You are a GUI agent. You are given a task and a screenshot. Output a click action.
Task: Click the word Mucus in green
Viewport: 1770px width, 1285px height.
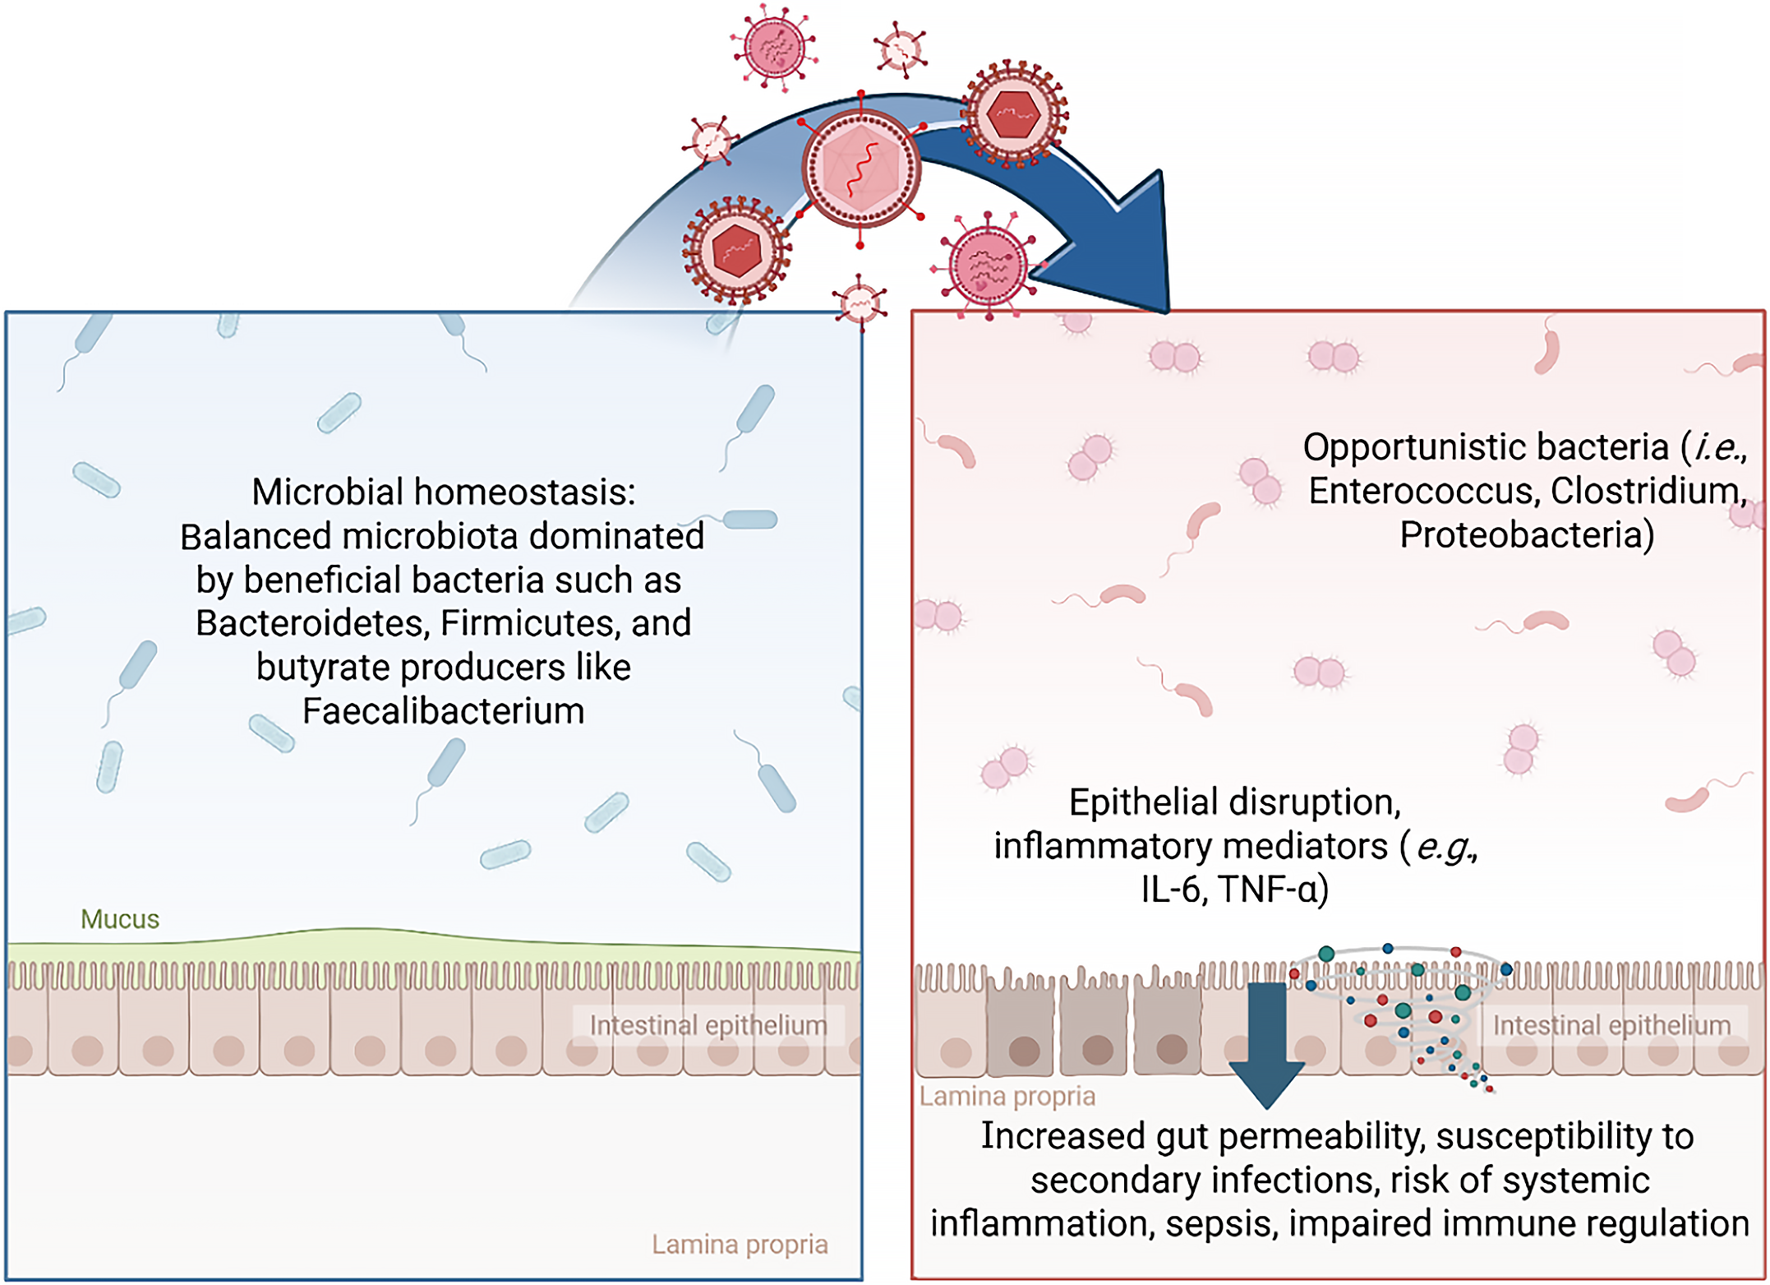coord(120,919)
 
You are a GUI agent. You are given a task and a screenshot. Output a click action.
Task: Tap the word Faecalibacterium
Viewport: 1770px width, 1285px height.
coord(443,711)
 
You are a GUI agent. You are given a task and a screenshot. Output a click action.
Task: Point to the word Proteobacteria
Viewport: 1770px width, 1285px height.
coord(1526,535)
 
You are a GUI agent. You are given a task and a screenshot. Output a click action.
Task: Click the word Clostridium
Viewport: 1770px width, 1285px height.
coord(1648,491)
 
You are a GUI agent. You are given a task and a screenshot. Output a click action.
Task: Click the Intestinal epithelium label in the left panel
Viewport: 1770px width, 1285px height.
coord(708,1025)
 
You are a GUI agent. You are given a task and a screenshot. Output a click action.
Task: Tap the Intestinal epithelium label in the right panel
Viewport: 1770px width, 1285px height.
coord(1611,1025)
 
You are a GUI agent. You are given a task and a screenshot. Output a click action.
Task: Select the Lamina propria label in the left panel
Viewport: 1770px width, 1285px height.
coord(740,1245)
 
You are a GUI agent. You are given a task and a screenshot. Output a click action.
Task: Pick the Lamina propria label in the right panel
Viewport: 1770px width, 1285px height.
coord(1007,1097)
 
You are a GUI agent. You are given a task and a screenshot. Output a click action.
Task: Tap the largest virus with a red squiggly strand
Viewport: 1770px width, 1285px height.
coord(860,168)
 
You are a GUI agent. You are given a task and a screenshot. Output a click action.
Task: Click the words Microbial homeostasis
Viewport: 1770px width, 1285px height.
coord(443,492)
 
